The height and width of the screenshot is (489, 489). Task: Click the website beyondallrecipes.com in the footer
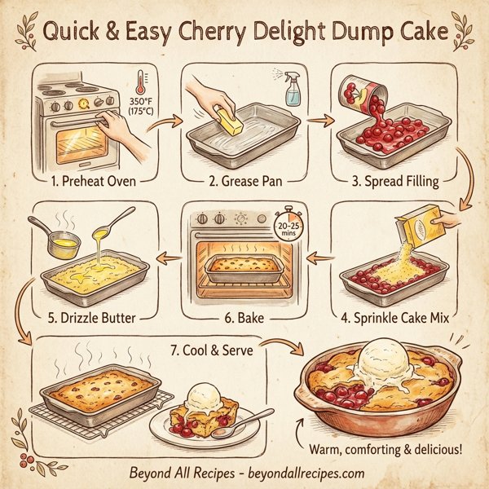(306, 473)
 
